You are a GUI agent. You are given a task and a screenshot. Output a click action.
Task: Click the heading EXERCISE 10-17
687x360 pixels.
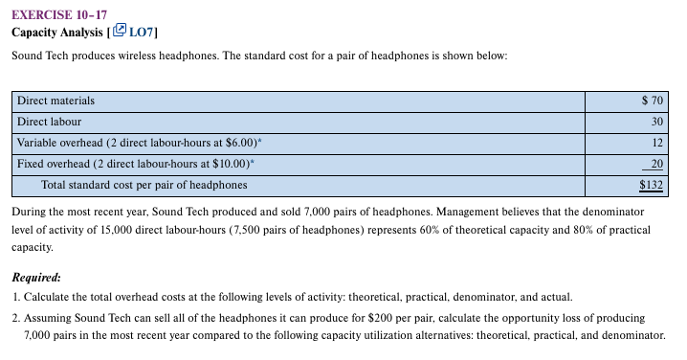[x=59, y=12]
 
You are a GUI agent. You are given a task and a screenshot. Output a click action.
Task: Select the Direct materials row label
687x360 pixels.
[x=55, y=101]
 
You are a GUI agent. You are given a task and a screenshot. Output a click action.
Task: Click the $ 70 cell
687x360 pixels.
[x=653, y=101]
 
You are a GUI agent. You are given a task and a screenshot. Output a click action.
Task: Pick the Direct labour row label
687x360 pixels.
[x=49, y=122]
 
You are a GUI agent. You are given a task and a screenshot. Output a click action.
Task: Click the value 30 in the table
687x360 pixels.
[x=657, y=122]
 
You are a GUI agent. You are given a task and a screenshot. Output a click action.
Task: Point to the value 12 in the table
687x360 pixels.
[x=657, y=143]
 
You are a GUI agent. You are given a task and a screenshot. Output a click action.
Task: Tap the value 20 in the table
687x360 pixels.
[x=657, y=164]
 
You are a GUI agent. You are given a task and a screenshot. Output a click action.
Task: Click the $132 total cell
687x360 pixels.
[x=652, y=184]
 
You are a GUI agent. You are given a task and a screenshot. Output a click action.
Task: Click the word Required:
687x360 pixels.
[x=37, y=277]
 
